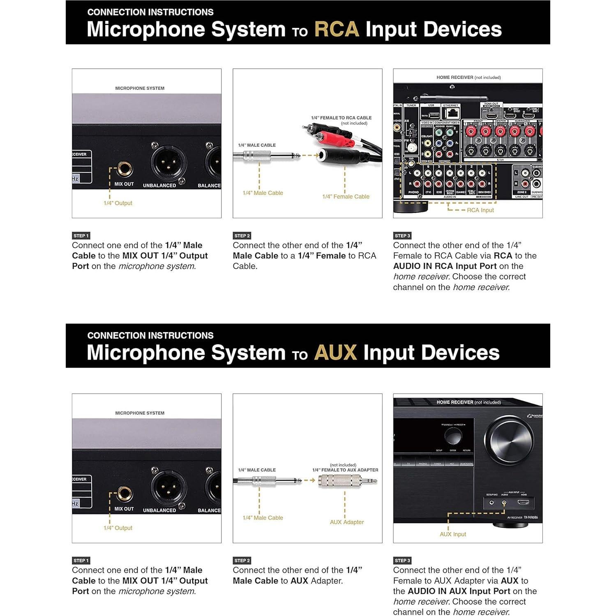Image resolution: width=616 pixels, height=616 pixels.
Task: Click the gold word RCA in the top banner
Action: click(x=336, y=30)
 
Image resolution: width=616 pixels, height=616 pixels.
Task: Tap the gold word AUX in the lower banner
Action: click(x=335, y=353)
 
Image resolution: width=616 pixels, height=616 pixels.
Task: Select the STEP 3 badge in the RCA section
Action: click(x=402, y=236)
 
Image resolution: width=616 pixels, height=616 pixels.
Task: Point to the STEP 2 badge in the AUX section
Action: click(x=242, y=561)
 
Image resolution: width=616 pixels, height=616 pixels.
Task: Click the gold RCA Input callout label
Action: click(x=480, y=210)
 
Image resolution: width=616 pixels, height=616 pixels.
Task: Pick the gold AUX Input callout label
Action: click(x=453, y=534)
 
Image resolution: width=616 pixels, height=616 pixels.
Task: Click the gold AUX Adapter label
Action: click(x=346, y=522)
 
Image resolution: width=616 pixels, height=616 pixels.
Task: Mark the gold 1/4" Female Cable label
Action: click(x=346, y=197)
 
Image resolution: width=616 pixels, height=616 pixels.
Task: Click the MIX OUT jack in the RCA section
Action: click(x=124, y=168)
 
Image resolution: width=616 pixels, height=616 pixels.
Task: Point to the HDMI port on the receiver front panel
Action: click(x=523, y=502)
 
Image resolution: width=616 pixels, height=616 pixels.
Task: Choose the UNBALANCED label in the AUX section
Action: click(x=159, y=510)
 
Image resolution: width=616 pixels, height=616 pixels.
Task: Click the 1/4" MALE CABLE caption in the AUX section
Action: click(x=257, y=470)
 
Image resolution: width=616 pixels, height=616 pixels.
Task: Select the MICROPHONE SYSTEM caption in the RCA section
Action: click(x=140, y=88)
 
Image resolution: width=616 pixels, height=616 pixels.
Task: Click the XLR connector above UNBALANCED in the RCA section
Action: click(x=168, y=163)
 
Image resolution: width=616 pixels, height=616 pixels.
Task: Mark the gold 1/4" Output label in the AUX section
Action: click(x=118, y=528)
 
